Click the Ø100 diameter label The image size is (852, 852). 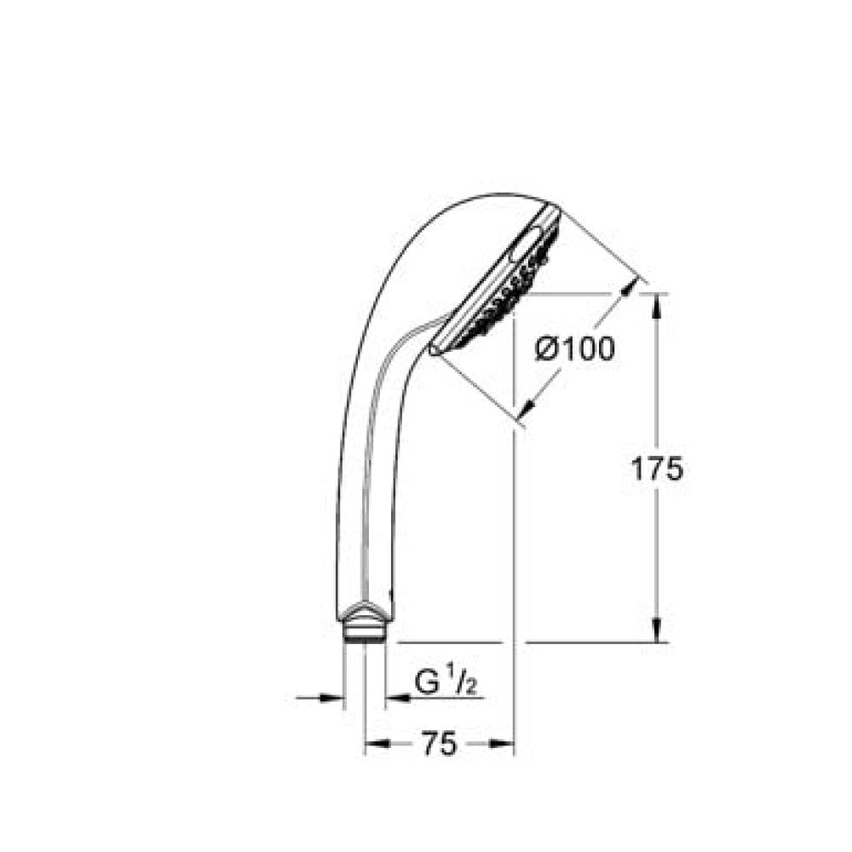(x=575, y=348)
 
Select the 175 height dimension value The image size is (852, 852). (x=656, y=469)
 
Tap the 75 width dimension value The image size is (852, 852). (x=440, y=744)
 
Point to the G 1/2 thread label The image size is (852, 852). (x=445, y=682)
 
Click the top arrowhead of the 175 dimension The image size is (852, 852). (x=656, y=305)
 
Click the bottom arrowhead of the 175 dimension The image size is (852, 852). (x=656, y=630)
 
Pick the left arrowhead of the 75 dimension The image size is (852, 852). (x=377, y=744)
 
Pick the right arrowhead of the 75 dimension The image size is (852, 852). (x=501, y=744)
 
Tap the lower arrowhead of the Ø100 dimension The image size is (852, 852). (x=527, y=407)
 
